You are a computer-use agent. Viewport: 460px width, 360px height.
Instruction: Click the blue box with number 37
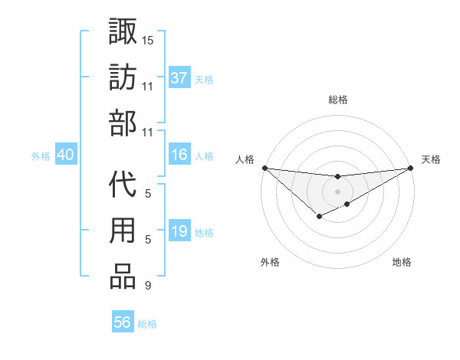click(179, 78)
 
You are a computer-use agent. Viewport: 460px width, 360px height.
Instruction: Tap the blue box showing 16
click(179, 155)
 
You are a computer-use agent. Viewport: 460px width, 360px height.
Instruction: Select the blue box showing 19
click(179, 232)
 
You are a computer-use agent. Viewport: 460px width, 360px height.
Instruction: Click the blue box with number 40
click(65, 155)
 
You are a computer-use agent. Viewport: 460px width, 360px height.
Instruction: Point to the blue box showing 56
click(123, 322)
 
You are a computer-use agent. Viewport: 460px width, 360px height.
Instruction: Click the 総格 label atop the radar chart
click(337, 100)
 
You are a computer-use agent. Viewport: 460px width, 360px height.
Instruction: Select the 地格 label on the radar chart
click(402, 262)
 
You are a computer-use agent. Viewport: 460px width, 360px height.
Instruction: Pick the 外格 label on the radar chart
click(270, 262)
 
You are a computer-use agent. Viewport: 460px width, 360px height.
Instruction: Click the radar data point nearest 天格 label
click(410, 168)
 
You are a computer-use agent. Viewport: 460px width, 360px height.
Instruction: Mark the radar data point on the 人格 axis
click(264, 168)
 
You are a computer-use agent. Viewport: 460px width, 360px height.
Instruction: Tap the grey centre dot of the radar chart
click(337, 191)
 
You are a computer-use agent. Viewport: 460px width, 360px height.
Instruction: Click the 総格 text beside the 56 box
click(147, 324)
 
